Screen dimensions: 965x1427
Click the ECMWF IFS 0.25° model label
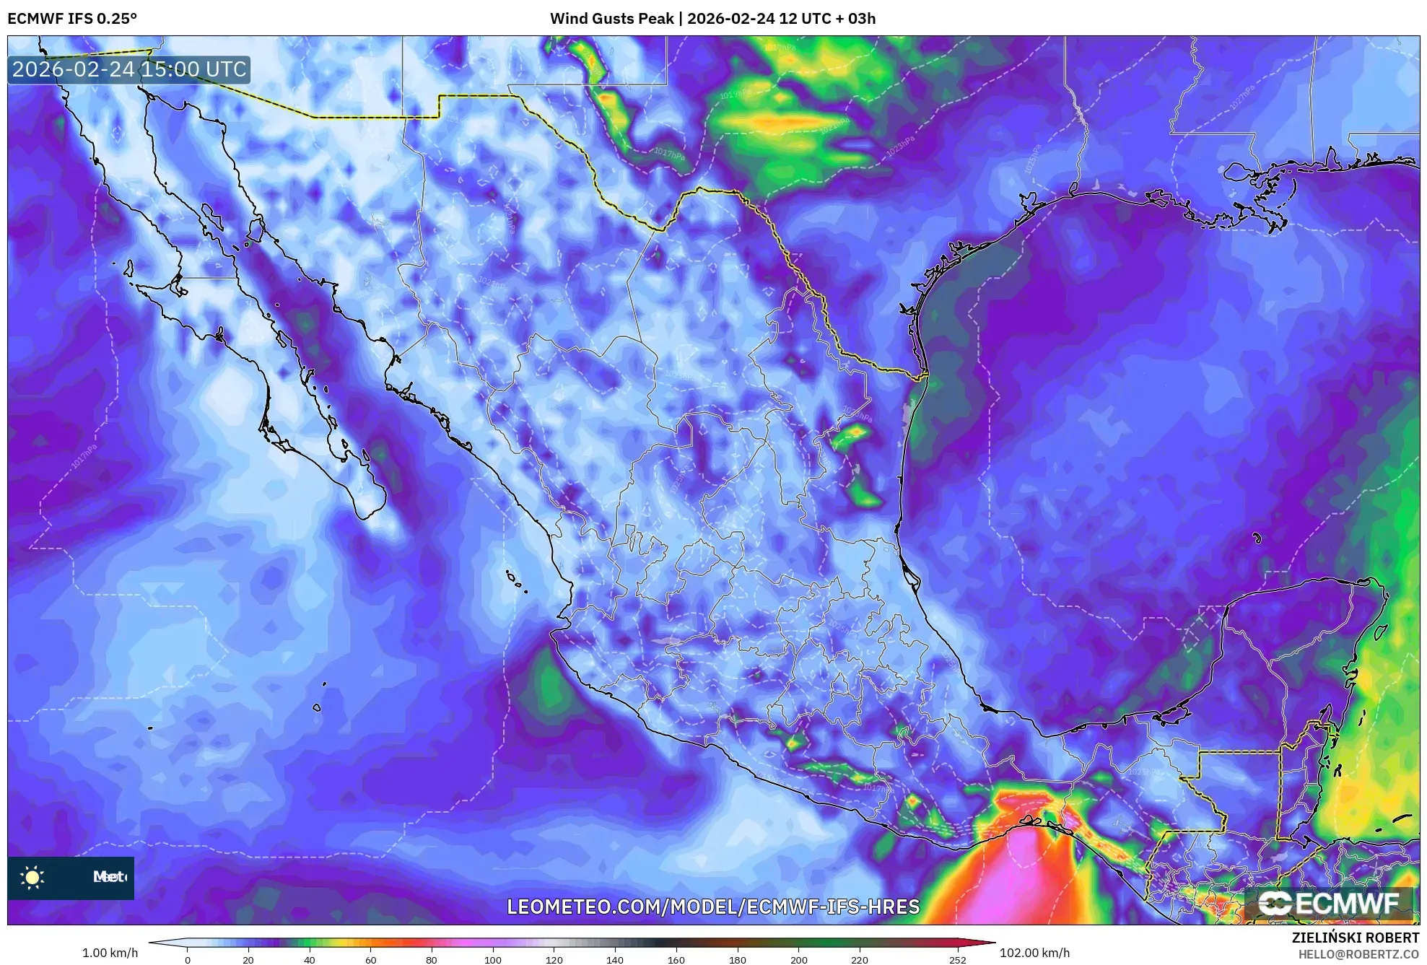tap(72, 19)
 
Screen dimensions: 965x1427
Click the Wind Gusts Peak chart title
tap(712, 19)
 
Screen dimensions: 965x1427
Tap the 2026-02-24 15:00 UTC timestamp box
tap(129, 69)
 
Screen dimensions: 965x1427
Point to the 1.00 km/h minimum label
tap(110, 953)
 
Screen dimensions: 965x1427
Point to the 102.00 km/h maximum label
tap(1034, 953)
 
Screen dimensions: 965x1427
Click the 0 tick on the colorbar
tap(188, 959)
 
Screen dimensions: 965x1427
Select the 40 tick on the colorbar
tap(310, 959)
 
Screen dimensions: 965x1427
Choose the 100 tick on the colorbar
tap(493, 959)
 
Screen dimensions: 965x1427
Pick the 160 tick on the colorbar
tap(676, 959)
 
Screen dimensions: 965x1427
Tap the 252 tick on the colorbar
tap(957, 959)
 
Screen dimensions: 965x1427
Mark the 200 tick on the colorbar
tap(798, 959)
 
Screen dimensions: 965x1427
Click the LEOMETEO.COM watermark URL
tap(713, 907)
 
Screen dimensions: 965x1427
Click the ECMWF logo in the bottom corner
tap(1328, 903)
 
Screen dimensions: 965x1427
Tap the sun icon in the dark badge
tap(32, 878)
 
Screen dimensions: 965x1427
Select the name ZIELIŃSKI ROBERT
tap(1355, 938)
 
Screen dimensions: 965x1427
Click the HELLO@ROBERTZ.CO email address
tap(1358, 954)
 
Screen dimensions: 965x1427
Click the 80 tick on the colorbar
tap(432, 959)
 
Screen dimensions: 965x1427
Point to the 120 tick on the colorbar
tap(554, 959)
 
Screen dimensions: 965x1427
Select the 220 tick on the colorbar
tap(860, 959)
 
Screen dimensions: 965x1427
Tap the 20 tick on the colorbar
tap(248, 959)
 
